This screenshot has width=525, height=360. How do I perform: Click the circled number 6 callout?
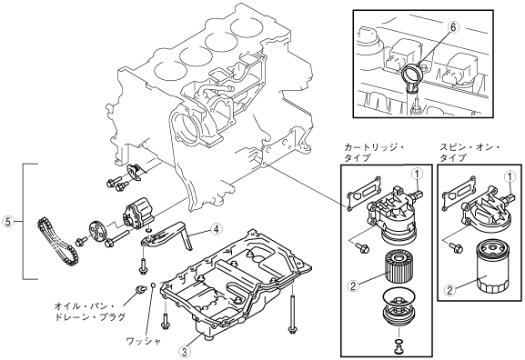pos(453,27)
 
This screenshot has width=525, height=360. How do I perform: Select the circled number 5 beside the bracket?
pos(8,221)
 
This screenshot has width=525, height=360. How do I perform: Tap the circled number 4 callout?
pos(216,229)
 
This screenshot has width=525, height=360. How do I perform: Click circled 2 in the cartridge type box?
pos(353,285)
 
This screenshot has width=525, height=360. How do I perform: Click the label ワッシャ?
pos(144,341)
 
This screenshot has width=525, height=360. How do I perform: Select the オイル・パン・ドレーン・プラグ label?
pos(90,312)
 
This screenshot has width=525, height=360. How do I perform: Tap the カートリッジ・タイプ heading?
pos(374,153)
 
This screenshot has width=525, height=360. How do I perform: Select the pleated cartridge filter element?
pos(399,268)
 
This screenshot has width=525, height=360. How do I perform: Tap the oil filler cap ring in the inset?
pos(413,74)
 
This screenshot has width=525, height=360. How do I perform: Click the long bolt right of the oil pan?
pos(292,309)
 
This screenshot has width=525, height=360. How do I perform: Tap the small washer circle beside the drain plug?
pos(152,285)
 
